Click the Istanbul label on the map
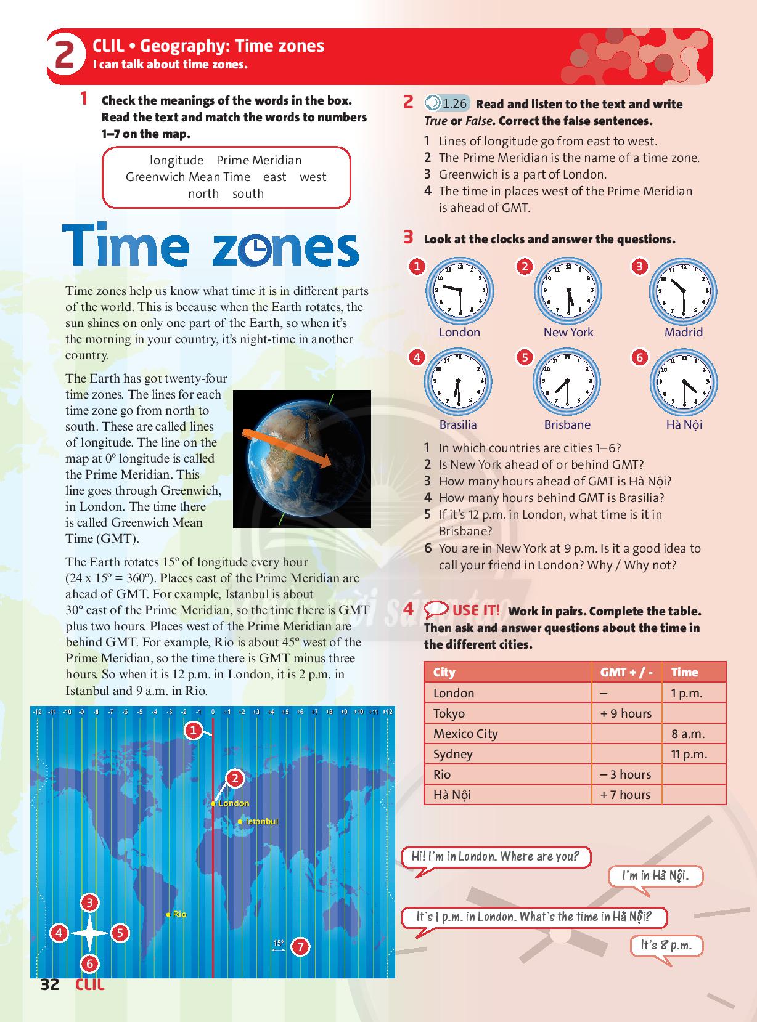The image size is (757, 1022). click(x=261, y=821)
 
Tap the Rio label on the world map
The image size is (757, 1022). click(x=179, y=914)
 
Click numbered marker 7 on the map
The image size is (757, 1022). click(x=300, y=946)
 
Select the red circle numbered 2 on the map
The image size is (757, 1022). click(x=235, y=779)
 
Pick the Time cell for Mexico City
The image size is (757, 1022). click(x=694, y=734)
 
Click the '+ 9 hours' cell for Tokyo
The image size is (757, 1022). click(x=626, y=713)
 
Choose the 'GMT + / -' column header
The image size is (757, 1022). click(x=626, y=672)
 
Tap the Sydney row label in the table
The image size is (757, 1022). click(x=453, y=754)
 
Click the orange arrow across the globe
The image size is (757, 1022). click(x=290, y=449)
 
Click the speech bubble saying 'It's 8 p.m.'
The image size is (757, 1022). click(x=666, y=946)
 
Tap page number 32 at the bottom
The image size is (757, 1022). click(x=50, y=984)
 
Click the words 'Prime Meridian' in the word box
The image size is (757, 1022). click(x=259, y=160)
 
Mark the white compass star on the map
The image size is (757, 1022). click(x=89, y=933)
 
